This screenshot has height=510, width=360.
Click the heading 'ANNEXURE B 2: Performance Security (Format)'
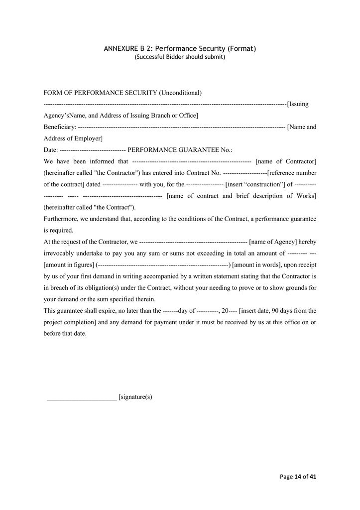(180, 49)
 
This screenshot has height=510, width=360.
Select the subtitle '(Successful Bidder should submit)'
(180, 57)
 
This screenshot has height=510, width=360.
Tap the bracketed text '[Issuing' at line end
(298, 104)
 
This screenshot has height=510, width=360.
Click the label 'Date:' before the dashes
(51, 150)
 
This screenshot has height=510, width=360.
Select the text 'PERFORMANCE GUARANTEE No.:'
(180, 150)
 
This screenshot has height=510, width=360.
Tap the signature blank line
(82, 397)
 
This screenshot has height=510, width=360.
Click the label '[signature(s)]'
(135, 397)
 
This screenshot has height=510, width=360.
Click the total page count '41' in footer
(313, 477)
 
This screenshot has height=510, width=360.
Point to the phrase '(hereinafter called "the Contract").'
(89, 207)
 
